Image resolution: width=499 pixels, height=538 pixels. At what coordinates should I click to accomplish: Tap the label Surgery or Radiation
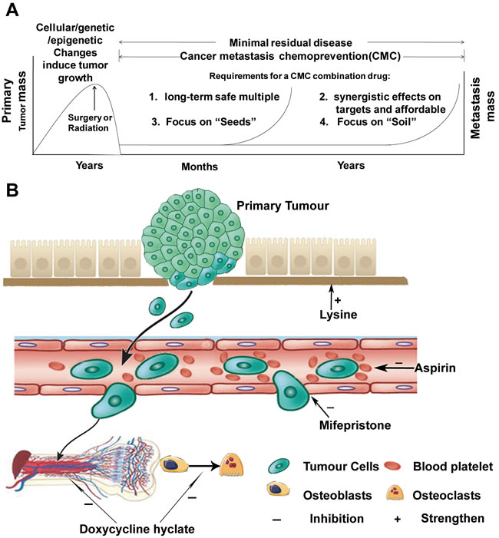point(93,123)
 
